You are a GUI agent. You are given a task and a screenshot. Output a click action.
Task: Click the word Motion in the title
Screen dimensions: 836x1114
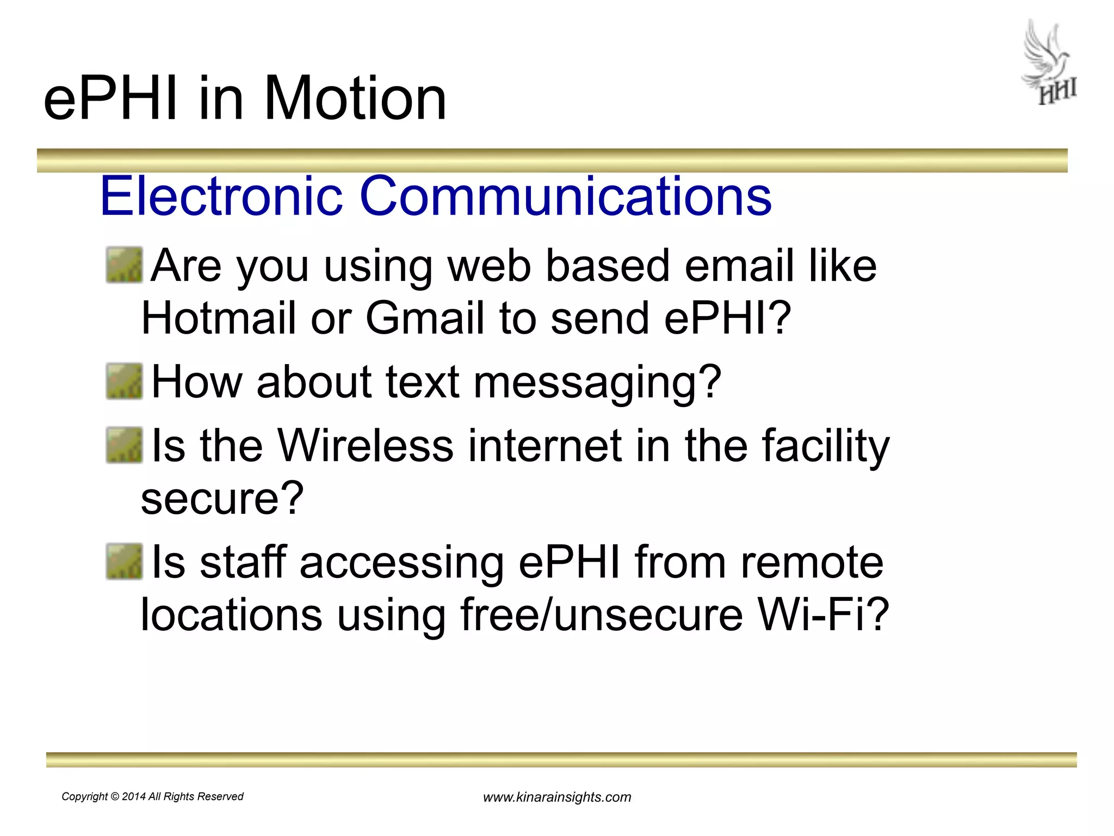tap(355, 99)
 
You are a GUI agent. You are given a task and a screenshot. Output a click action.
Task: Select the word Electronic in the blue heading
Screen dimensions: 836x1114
tap(221, 195)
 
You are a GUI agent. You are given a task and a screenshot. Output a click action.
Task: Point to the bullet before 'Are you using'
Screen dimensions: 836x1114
tap(124, 265)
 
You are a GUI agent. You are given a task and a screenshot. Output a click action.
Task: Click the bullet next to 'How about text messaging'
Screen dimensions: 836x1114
tap(124, 382)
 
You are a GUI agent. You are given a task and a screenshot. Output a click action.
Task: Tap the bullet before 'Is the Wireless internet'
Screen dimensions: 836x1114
tap(124, 445)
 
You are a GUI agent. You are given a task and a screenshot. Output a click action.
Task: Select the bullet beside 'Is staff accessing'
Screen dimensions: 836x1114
tap(124, 562)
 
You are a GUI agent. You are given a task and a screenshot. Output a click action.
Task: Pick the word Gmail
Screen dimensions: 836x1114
tap(424, 318)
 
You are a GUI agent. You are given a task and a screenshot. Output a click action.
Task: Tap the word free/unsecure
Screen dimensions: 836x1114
tap(602, 615)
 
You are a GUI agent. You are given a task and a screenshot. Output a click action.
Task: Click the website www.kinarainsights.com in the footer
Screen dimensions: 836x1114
tap(557, 797)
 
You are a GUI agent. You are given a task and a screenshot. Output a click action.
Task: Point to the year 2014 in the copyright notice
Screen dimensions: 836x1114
tap(134, 797)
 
